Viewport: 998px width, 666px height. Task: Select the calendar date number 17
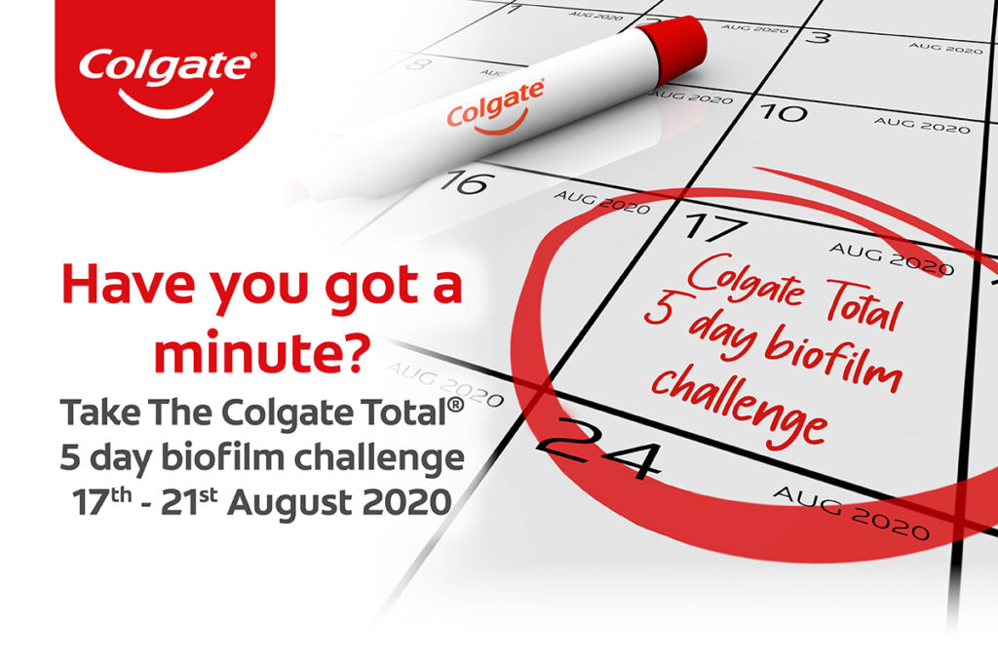[713, 226]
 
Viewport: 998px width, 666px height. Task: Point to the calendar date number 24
[596, 450]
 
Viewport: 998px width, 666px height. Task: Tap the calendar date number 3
[821, 38]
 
